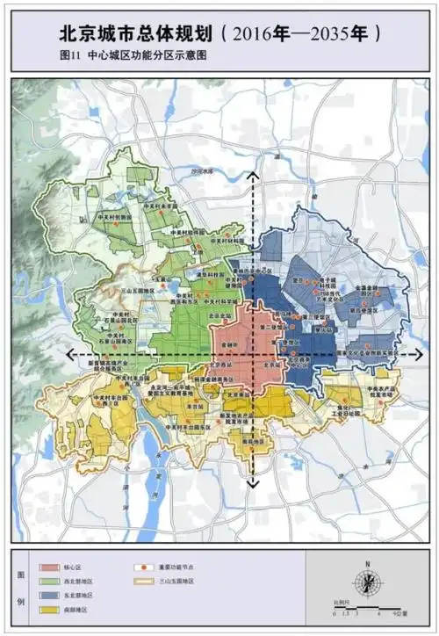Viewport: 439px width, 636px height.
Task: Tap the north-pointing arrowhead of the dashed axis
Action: pyautogui.click(x=253, y=175)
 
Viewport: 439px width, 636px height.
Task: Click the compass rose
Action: pyautogui.click(x=369, y=582)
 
